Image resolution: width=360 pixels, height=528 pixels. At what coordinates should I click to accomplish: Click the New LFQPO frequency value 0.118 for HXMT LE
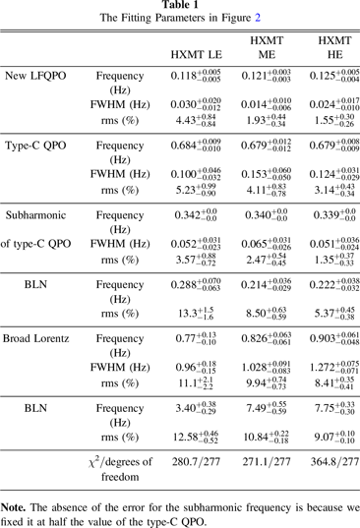click(x=190, y=76)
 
